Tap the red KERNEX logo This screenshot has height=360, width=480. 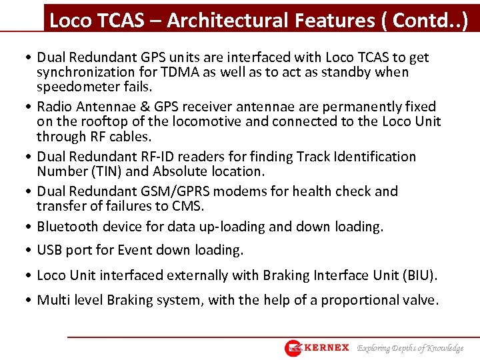click(317, 347)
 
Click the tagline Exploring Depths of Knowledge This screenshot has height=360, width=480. click(411, 348)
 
